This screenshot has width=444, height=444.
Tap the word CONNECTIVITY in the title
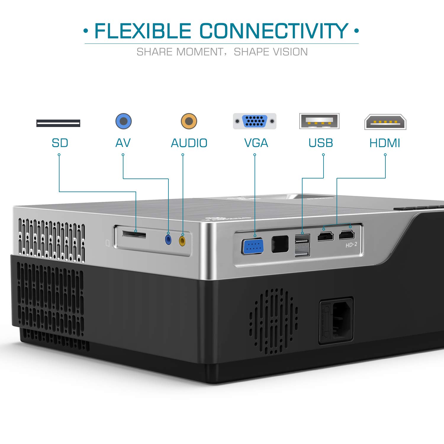pyautogui.click(x=274, y=31)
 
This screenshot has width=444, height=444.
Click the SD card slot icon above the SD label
pyautogui.click(x=58, y=123)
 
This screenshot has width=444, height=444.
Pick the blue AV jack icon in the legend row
pyautogui.click(x=123, y=121)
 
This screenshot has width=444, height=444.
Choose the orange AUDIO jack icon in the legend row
pyautogui.click(x=189, y=121)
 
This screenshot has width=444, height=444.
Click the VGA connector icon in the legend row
pyautogui.click(x=255, y=121)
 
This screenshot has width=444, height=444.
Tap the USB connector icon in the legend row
pyautogui.click(x=319, y=121)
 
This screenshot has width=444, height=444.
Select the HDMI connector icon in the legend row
pyautogui.click(x=385, y=122)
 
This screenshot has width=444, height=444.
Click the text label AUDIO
pyautogui.click(x=189, y=143)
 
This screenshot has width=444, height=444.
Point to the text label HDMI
pyautogui.click(x=385, y=143)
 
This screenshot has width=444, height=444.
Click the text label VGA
pyautogui.click(x=256, y=143)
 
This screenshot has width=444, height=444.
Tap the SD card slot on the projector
pyautogui.click(x=134, y=235)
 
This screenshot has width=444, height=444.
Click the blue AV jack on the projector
pyautogui.click(x=168, y=239)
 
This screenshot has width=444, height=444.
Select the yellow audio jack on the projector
pyautogui.click(x=182, y=241)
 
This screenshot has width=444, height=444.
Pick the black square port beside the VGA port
pyautogui.click(x=280, y=244)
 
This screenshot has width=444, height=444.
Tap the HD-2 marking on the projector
pyautogui.click(x=351, y=245)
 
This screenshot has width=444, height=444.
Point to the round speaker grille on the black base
pyautogui.click(x=274, y=321)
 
